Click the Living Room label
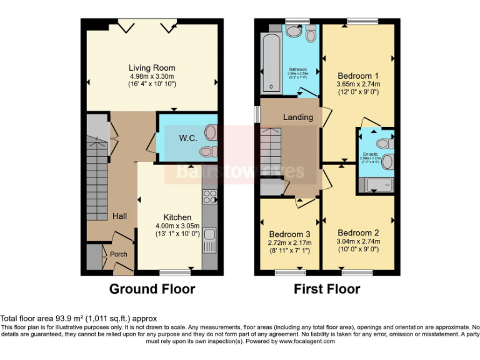(152, 67)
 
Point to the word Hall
(119, 216)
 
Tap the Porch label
(119, 254)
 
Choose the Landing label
(297, 117)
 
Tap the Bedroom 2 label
(357, 231)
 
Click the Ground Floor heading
(152, 289)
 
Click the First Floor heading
(327, 289)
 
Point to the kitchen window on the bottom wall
(174, 272)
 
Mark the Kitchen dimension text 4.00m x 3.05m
(177, 226)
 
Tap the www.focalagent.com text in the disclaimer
(306, 341)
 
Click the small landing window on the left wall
(256, 114)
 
